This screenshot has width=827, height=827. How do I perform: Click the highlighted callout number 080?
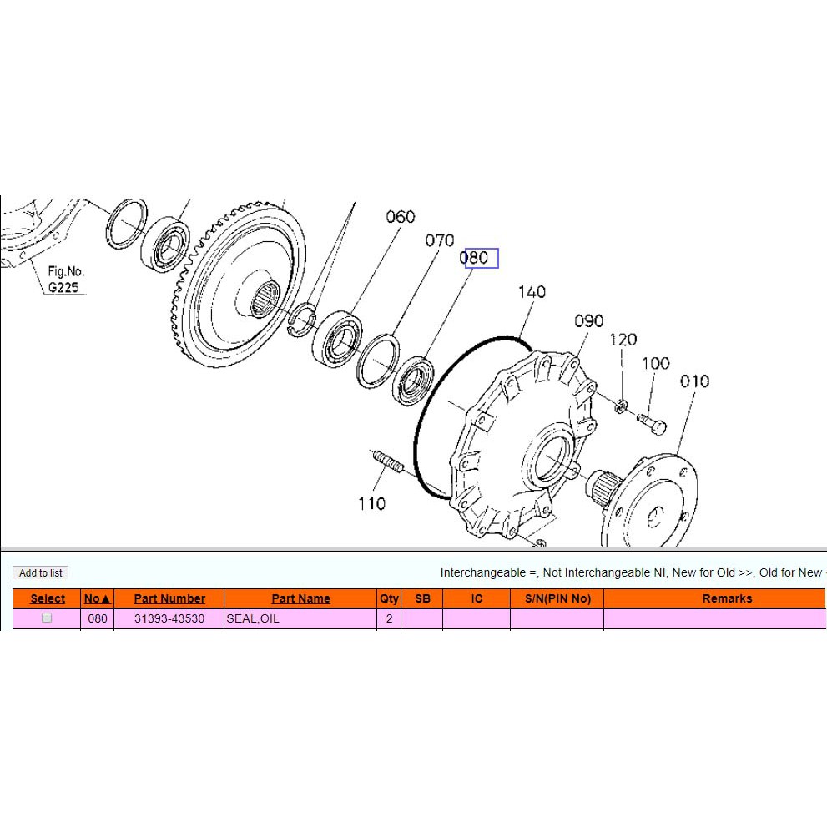point(474,258)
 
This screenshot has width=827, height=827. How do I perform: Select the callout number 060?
point(401,217)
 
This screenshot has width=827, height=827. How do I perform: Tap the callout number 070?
point(440,240)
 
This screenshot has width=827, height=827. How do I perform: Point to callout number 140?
point(532,292)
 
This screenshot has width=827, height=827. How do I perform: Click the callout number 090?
point(588,320)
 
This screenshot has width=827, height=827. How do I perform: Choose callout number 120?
point(623,339)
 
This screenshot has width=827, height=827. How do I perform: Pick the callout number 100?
point(656,363)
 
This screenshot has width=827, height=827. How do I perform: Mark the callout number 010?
point(694,381)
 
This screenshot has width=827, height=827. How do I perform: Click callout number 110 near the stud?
point(372,504)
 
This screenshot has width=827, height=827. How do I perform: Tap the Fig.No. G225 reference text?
point(66,280)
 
